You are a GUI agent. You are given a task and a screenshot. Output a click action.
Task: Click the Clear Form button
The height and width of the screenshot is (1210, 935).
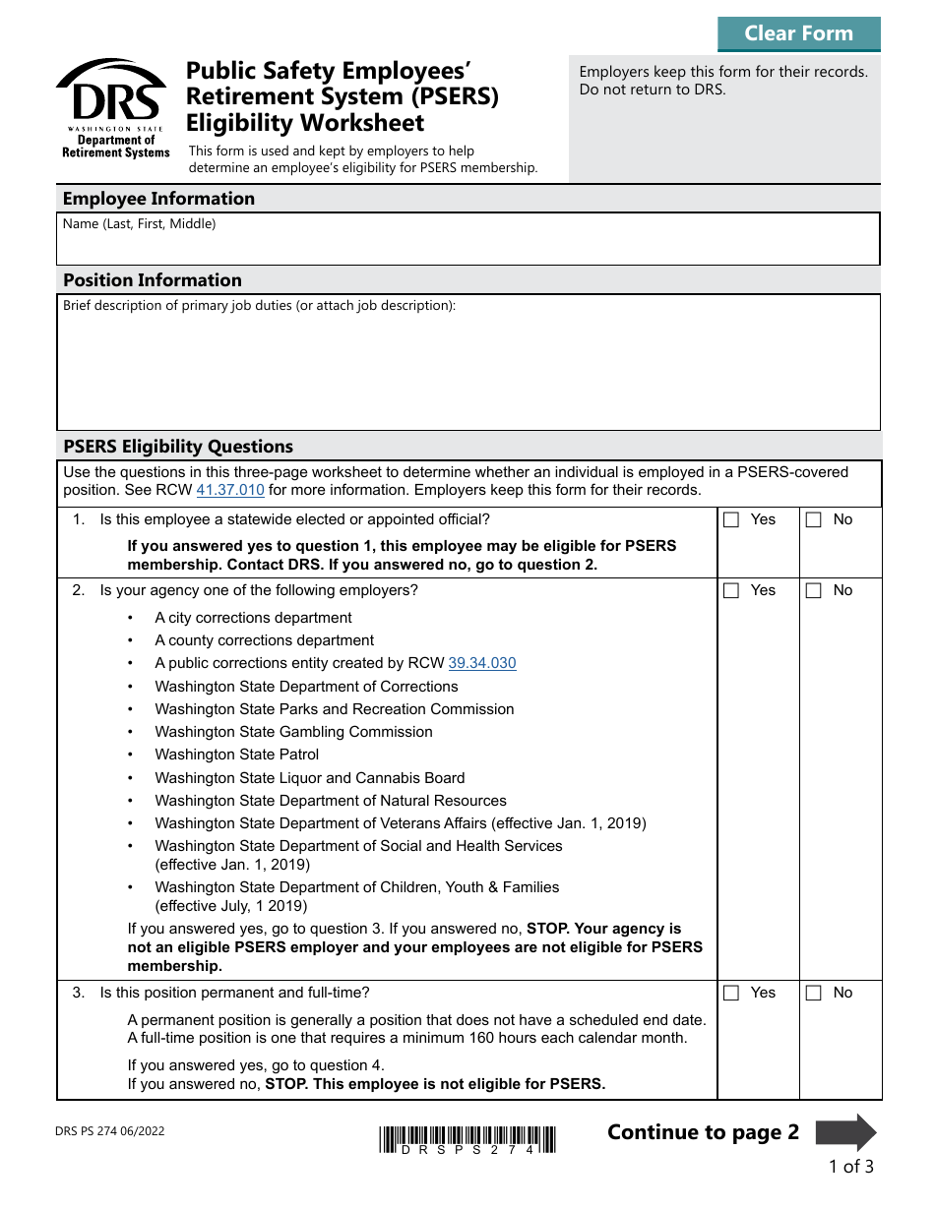click(x=798, y=33)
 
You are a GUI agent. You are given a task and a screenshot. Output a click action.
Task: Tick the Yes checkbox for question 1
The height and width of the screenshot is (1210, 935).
click(x=731, y=520)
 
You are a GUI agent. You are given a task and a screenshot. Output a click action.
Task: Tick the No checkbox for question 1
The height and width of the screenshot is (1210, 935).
click(x=813, y=520)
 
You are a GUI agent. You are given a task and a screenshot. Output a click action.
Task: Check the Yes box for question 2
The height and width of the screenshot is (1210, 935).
click(x=731, y=591)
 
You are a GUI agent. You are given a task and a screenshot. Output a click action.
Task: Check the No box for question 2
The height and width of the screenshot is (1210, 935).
click(x=813, y=591)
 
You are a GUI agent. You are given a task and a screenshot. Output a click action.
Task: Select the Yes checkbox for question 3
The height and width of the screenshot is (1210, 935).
click(x=731, y=994)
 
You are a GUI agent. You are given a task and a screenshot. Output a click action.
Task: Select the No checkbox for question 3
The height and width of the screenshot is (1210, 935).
click(x=813, y=994)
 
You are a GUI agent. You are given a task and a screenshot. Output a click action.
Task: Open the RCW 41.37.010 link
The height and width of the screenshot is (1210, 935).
click(x=230, y=490)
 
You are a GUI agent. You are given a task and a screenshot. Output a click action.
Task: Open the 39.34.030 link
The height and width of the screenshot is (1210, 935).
click(x=481, y=663)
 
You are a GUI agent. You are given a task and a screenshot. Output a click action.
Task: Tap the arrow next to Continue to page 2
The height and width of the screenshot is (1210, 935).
click(x=845, y=1132)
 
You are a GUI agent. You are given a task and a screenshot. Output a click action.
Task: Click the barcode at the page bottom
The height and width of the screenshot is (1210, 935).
click(x=467, y=1139)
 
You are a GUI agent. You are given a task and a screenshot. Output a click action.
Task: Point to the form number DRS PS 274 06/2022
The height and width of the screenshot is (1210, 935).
click(x=110, y=1131)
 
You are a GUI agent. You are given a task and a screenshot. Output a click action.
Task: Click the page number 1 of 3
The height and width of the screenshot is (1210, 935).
click(x=850, y=1167)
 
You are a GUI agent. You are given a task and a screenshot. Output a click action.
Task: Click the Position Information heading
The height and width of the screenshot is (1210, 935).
click(x=153, y=280)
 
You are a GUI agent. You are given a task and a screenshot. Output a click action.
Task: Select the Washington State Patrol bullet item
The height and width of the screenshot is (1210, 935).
click(x=236, y=755)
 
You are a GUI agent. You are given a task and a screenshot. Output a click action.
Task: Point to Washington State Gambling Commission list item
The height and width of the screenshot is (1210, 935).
click(x=293, y=732)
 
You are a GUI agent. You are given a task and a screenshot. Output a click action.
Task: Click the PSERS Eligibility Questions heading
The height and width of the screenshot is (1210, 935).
click(x=178, y=447)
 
